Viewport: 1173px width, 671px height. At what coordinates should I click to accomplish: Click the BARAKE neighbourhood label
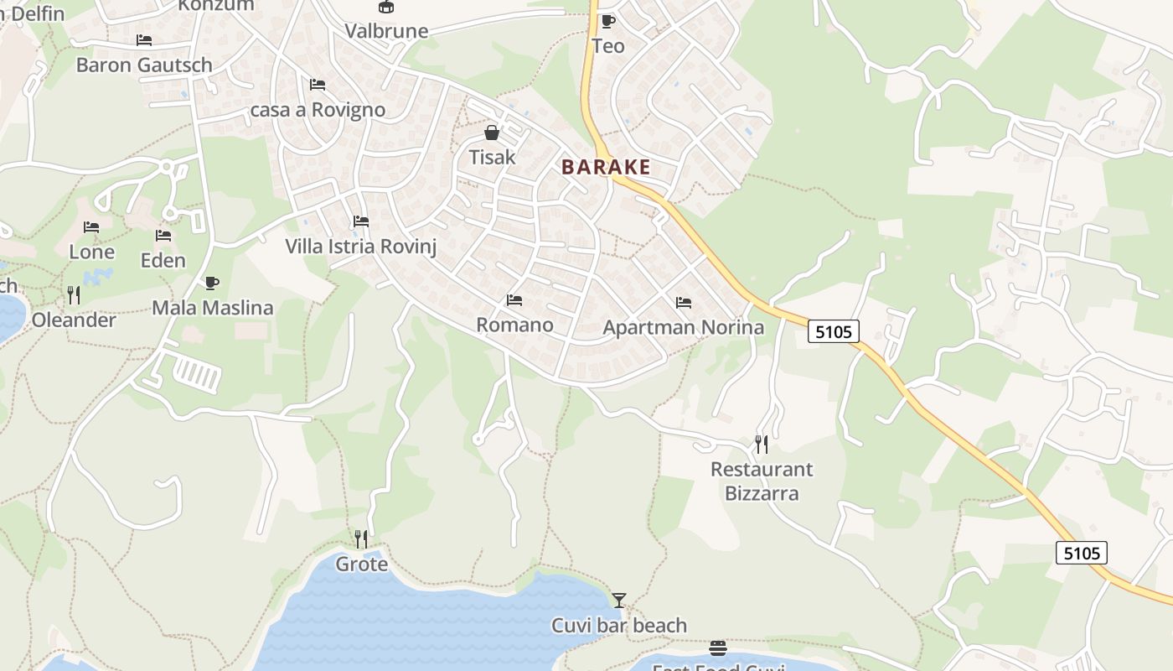[606, 167]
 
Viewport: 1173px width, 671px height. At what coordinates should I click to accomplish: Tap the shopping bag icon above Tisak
[492, 133]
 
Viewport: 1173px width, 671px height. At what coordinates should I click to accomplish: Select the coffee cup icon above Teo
[607, 21]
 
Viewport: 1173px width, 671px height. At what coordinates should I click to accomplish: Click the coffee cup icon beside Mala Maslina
[211, 283]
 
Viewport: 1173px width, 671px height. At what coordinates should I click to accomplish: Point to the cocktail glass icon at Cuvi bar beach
[618, 600]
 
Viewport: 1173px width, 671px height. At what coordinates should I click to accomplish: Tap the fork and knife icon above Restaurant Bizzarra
[761, 444]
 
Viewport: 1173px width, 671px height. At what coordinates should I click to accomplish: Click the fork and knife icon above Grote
[361, 538]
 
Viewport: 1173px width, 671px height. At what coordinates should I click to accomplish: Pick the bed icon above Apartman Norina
[684, 303]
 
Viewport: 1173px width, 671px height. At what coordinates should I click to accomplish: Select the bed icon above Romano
[514, 300]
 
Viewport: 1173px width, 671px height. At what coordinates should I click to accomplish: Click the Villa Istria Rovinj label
[360, 247]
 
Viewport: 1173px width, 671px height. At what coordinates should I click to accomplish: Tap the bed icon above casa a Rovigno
[318, 85]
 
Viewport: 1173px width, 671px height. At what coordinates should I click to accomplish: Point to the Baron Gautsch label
[144, 65]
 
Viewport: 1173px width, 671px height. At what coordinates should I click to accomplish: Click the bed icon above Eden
[163, 236]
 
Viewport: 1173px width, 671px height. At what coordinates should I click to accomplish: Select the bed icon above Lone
[91, 227]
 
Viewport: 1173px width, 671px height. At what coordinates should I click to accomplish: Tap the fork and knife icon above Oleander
[74, 294]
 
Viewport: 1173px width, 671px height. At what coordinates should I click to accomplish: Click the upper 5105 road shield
[835, 331]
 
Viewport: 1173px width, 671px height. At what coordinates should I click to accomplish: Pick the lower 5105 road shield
[1082, 553]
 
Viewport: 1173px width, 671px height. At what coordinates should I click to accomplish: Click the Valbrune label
[386, 31]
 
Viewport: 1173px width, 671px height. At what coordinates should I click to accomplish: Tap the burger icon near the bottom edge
[718, 648]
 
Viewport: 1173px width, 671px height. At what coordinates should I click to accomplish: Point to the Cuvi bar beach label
[619, 626]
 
